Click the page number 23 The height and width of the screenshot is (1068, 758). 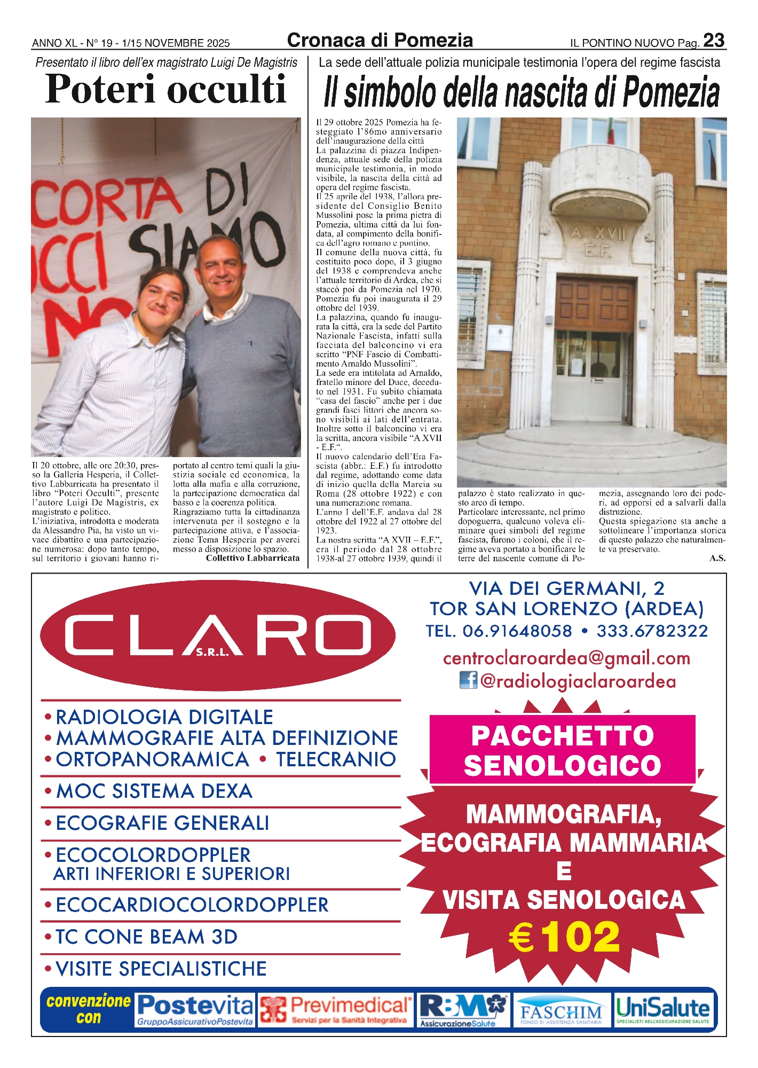point(714,41)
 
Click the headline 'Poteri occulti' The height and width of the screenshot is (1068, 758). point(166,89)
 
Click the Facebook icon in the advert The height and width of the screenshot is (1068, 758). point(468,680)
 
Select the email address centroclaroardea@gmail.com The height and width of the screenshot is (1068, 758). point(566,658)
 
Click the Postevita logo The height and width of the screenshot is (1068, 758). point(195,1010)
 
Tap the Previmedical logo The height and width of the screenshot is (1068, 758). point(336,1010)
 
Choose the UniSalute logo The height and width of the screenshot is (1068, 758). point(663,1010)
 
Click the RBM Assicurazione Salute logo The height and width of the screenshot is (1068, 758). point(463,1010)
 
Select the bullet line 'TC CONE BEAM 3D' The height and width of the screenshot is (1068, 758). point(147,937)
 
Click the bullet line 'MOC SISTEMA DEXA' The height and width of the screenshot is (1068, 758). point(154,791)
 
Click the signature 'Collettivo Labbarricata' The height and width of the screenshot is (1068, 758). point(252,558)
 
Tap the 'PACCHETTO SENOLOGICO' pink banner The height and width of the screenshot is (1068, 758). point(562,750)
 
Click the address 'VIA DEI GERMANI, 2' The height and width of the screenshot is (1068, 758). point(566,588)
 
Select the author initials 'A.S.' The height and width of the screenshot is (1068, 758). point(717,558)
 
